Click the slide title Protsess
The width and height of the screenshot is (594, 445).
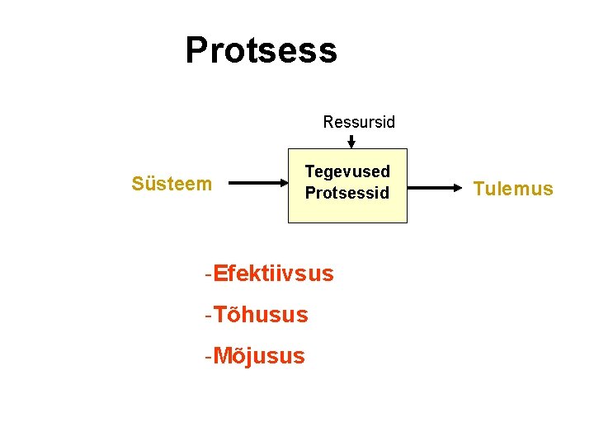tap(261, 50)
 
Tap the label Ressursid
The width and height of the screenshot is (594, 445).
tap(359, 123)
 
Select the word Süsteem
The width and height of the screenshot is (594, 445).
tap(172, 183)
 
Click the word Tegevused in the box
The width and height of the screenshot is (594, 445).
tap(347, 171)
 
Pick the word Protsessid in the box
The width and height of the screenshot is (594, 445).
tap(346, 194)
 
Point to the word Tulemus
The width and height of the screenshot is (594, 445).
tap(513, 189)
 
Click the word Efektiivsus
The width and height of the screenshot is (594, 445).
tap(273, 273)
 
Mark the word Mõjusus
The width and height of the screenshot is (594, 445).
tap(258, 356)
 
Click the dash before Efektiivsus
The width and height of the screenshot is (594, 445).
tap(209, 273)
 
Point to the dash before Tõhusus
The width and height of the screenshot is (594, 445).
tap(209, 314)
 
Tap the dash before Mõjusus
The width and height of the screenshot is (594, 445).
tap(209, 356)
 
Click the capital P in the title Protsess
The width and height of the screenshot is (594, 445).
tap(197, 50)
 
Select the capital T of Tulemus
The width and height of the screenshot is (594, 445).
tap(478, 189)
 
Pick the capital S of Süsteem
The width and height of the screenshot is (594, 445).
tap(138, 183)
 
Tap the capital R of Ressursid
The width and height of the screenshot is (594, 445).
tap(328, 123)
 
